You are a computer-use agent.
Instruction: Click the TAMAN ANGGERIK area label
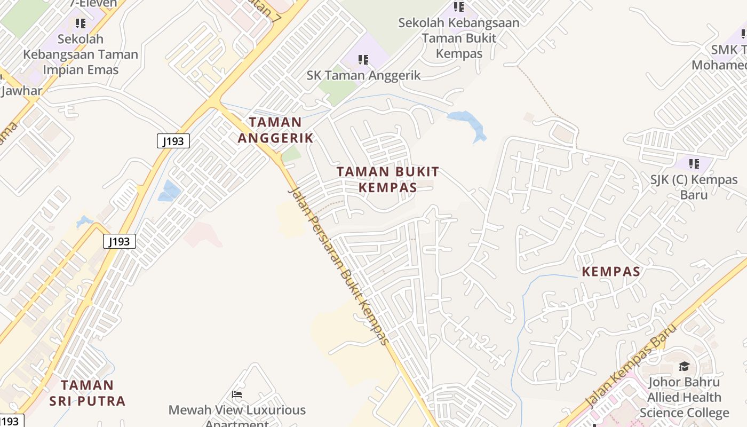pos(275,130)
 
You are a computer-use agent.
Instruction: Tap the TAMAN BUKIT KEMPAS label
pos(388,179)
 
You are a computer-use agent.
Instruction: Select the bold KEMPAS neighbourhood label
pos(610,271)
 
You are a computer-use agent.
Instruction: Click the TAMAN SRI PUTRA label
pos(88,393)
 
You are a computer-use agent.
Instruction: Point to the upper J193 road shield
pos(173,141)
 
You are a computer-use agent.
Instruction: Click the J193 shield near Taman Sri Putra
pos(120,241)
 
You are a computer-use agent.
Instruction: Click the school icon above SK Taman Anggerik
pos(363,60)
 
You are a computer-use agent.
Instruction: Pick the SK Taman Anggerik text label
pos(363,75)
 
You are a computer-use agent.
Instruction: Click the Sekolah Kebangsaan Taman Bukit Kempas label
pos(459,38)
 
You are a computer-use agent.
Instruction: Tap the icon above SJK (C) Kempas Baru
pos(694,163)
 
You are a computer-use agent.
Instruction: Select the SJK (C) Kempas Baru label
pos(694,187)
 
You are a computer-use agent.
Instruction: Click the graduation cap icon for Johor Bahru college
pos(684,366)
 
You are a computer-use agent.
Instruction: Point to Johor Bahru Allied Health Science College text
pos(684,397)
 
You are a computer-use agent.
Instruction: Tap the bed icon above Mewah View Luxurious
pos(237,394)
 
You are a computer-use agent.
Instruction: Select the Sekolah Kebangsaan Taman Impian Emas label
pos(81,54)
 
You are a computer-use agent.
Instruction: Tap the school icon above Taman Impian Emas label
pos(81,23)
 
